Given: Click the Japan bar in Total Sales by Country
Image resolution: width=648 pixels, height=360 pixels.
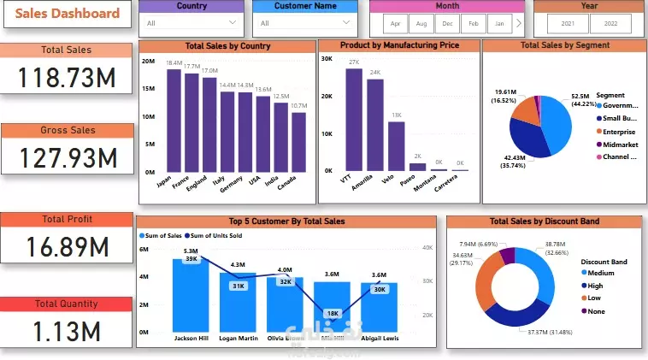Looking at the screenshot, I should (174, 120).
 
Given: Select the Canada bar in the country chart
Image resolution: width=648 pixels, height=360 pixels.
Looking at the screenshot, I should (298, 142).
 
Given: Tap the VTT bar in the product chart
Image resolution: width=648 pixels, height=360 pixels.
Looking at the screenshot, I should (354, 119).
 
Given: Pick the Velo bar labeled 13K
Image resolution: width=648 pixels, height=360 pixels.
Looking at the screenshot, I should (396, 145).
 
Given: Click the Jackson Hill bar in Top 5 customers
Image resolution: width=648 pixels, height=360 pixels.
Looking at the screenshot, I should (191, 295).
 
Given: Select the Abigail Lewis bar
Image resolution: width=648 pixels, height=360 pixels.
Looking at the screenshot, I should (379, 307).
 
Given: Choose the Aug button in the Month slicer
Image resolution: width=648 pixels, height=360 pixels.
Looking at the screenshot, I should (420, 24).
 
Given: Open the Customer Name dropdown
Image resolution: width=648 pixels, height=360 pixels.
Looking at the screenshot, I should (304, 23).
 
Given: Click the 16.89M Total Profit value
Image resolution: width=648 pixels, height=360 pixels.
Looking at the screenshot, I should (67, 246).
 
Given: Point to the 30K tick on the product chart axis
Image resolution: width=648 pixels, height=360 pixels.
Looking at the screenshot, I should (326, 59).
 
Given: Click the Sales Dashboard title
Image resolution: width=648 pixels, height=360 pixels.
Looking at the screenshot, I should (67, 13).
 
